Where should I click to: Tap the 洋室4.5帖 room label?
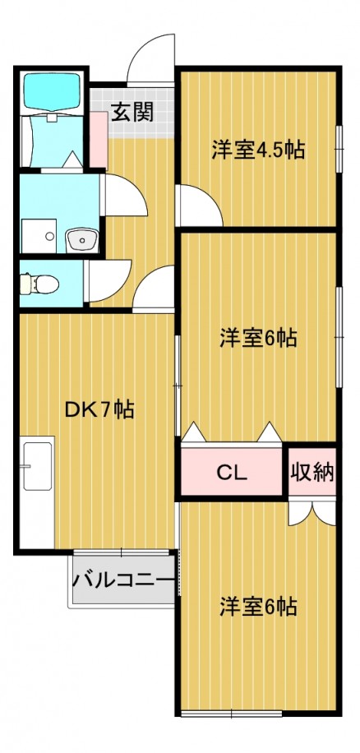click(x=259, y=150)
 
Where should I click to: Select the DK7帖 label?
click(x=99, y=409)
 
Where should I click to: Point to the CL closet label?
click(x=232, y=473)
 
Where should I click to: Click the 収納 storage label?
click(x=312, y=473)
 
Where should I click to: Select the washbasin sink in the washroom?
click(x=81, y=239)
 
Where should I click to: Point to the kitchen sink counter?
click(x=38, y=492)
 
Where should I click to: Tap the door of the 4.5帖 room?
click(x=199, y=205)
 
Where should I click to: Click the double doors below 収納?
click(x=312, y=513)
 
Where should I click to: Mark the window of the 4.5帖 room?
click(x=339, y=149)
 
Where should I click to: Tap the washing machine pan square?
click(x=39, y=236)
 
